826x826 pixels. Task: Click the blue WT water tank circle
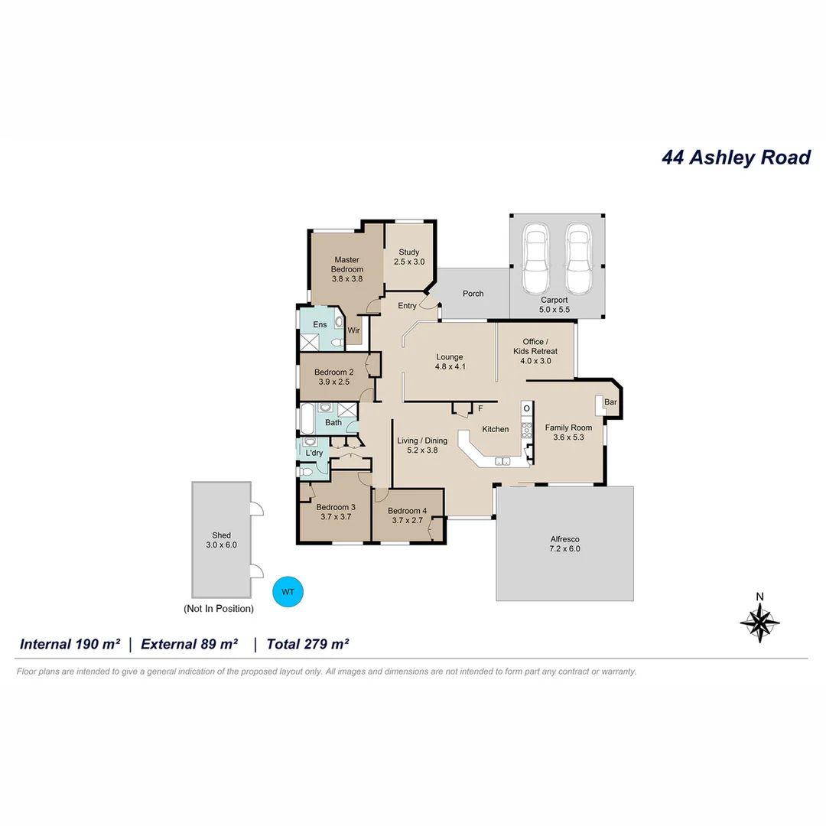pyautogui.click(x=288, y=592)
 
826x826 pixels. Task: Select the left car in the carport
pyautogui.click(x=533, y=260)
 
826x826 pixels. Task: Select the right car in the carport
pyautogui.click(x=579, y=260)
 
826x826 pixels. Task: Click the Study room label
pyautogui.click(x=408, y=257)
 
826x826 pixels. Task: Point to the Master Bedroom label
pyautogui.click(x=346, y=269)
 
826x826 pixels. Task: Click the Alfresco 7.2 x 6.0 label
pyautogui.click(x=564, y=543)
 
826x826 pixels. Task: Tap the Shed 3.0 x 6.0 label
pyautogui.click(x=221, y=540)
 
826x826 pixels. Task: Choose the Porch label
pyautogui.click(x=473, y=294)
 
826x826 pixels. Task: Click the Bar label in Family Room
pyautogui.click(x=610, y=402)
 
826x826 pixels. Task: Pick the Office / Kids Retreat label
pyautogui.click(x=535, y=351)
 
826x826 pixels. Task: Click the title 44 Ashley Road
pyautogui.click(x=735, y=158)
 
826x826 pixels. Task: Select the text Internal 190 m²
pyautogui.click(x=70, y=644)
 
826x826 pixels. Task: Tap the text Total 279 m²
pyautogui.click(x=307, y=644)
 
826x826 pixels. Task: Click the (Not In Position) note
pyautogui.click(x=218, y=609)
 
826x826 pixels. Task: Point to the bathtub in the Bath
pyautogui.click(x=306, y=420)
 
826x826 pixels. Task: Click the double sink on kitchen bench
pyautogui.click(x=503, y=461)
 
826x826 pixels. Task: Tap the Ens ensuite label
pyautogui.click(x=320, y=324)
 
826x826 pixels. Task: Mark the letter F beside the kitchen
pyautogui.click(x=480, y=408)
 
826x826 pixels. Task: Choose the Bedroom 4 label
pyautogui.click(x=406, y=515)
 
